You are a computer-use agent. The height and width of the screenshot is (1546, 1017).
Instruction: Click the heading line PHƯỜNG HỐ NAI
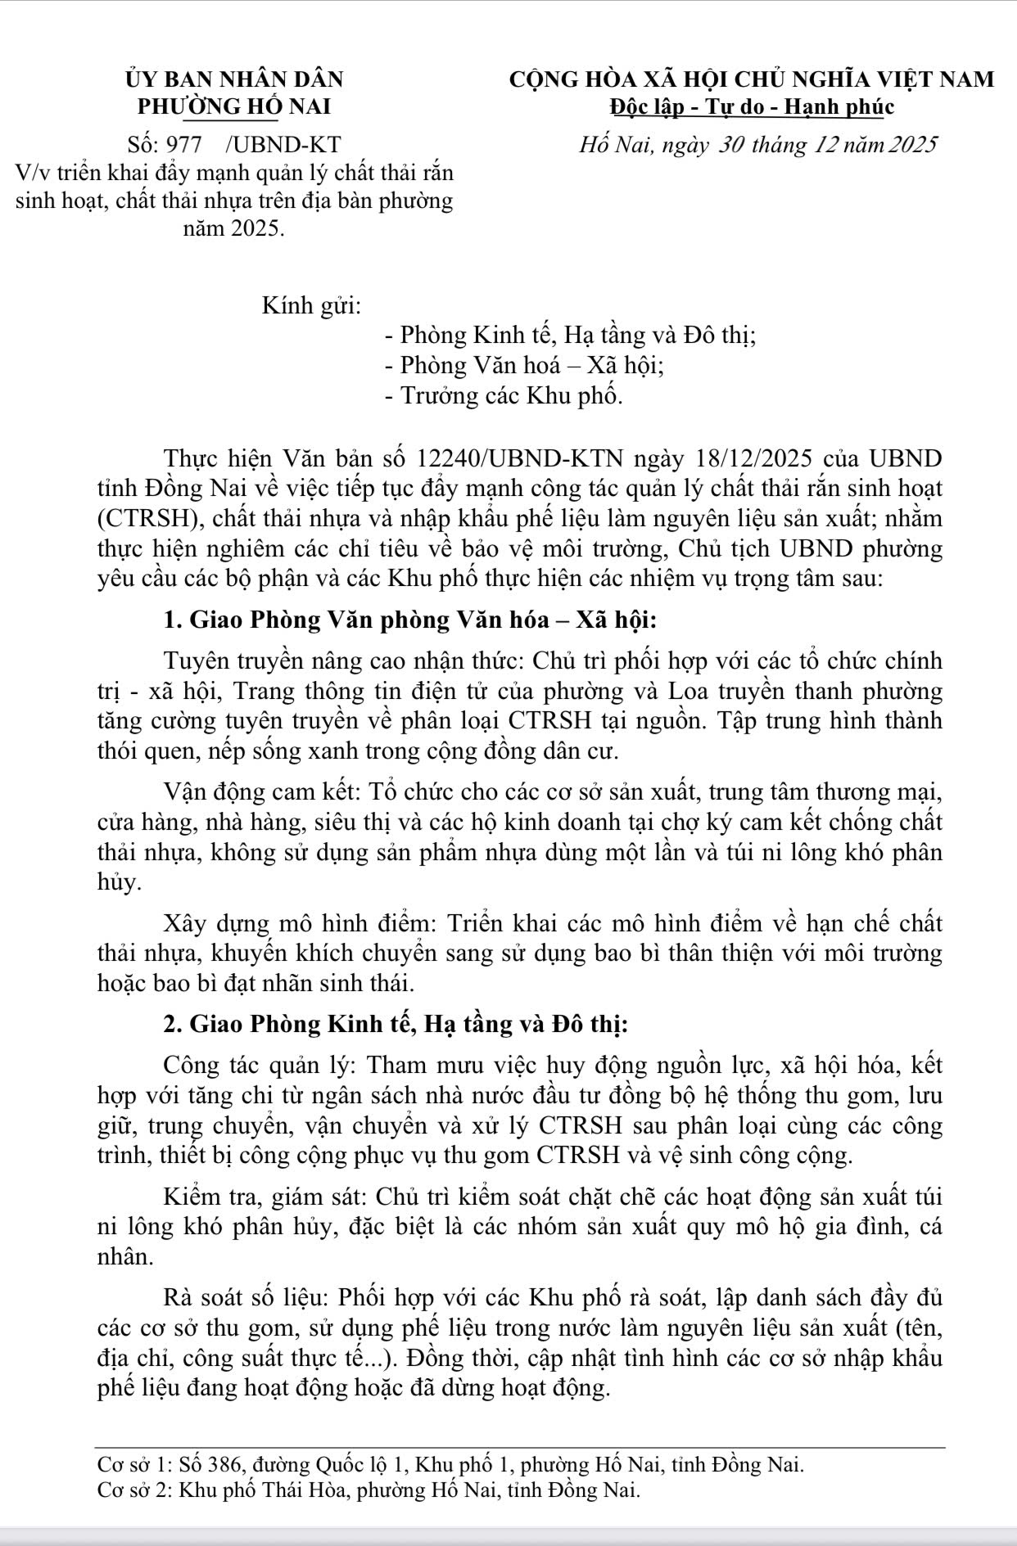pyautogui.click(x=234, y=106)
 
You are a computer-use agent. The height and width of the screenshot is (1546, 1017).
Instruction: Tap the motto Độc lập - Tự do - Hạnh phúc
pyautogui.click(x=752, y=106)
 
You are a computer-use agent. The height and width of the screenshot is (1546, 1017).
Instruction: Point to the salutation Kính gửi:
pyautogui.click(x=311, y=306)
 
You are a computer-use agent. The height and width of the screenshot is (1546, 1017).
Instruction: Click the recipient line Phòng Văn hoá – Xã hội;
pyautogui.click(x=523, y=365)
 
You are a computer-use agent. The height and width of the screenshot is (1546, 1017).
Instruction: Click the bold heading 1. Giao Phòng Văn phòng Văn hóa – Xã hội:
pyautogui.click(x=409, y=620)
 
